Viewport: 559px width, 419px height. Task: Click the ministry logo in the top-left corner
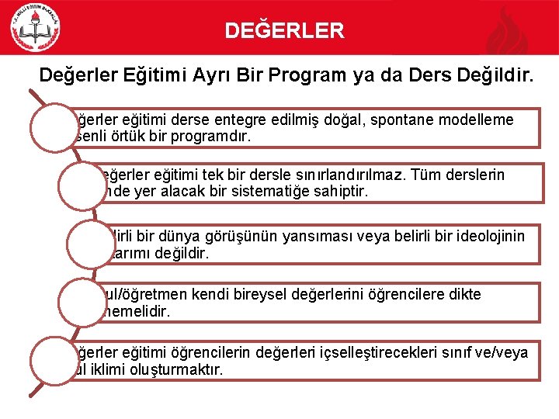point(35,27)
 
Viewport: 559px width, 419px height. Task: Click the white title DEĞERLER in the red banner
point(284,31)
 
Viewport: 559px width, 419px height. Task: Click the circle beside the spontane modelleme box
point(53,128)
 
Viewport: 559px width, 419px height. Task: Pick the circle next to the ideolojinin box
point(91,244)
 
